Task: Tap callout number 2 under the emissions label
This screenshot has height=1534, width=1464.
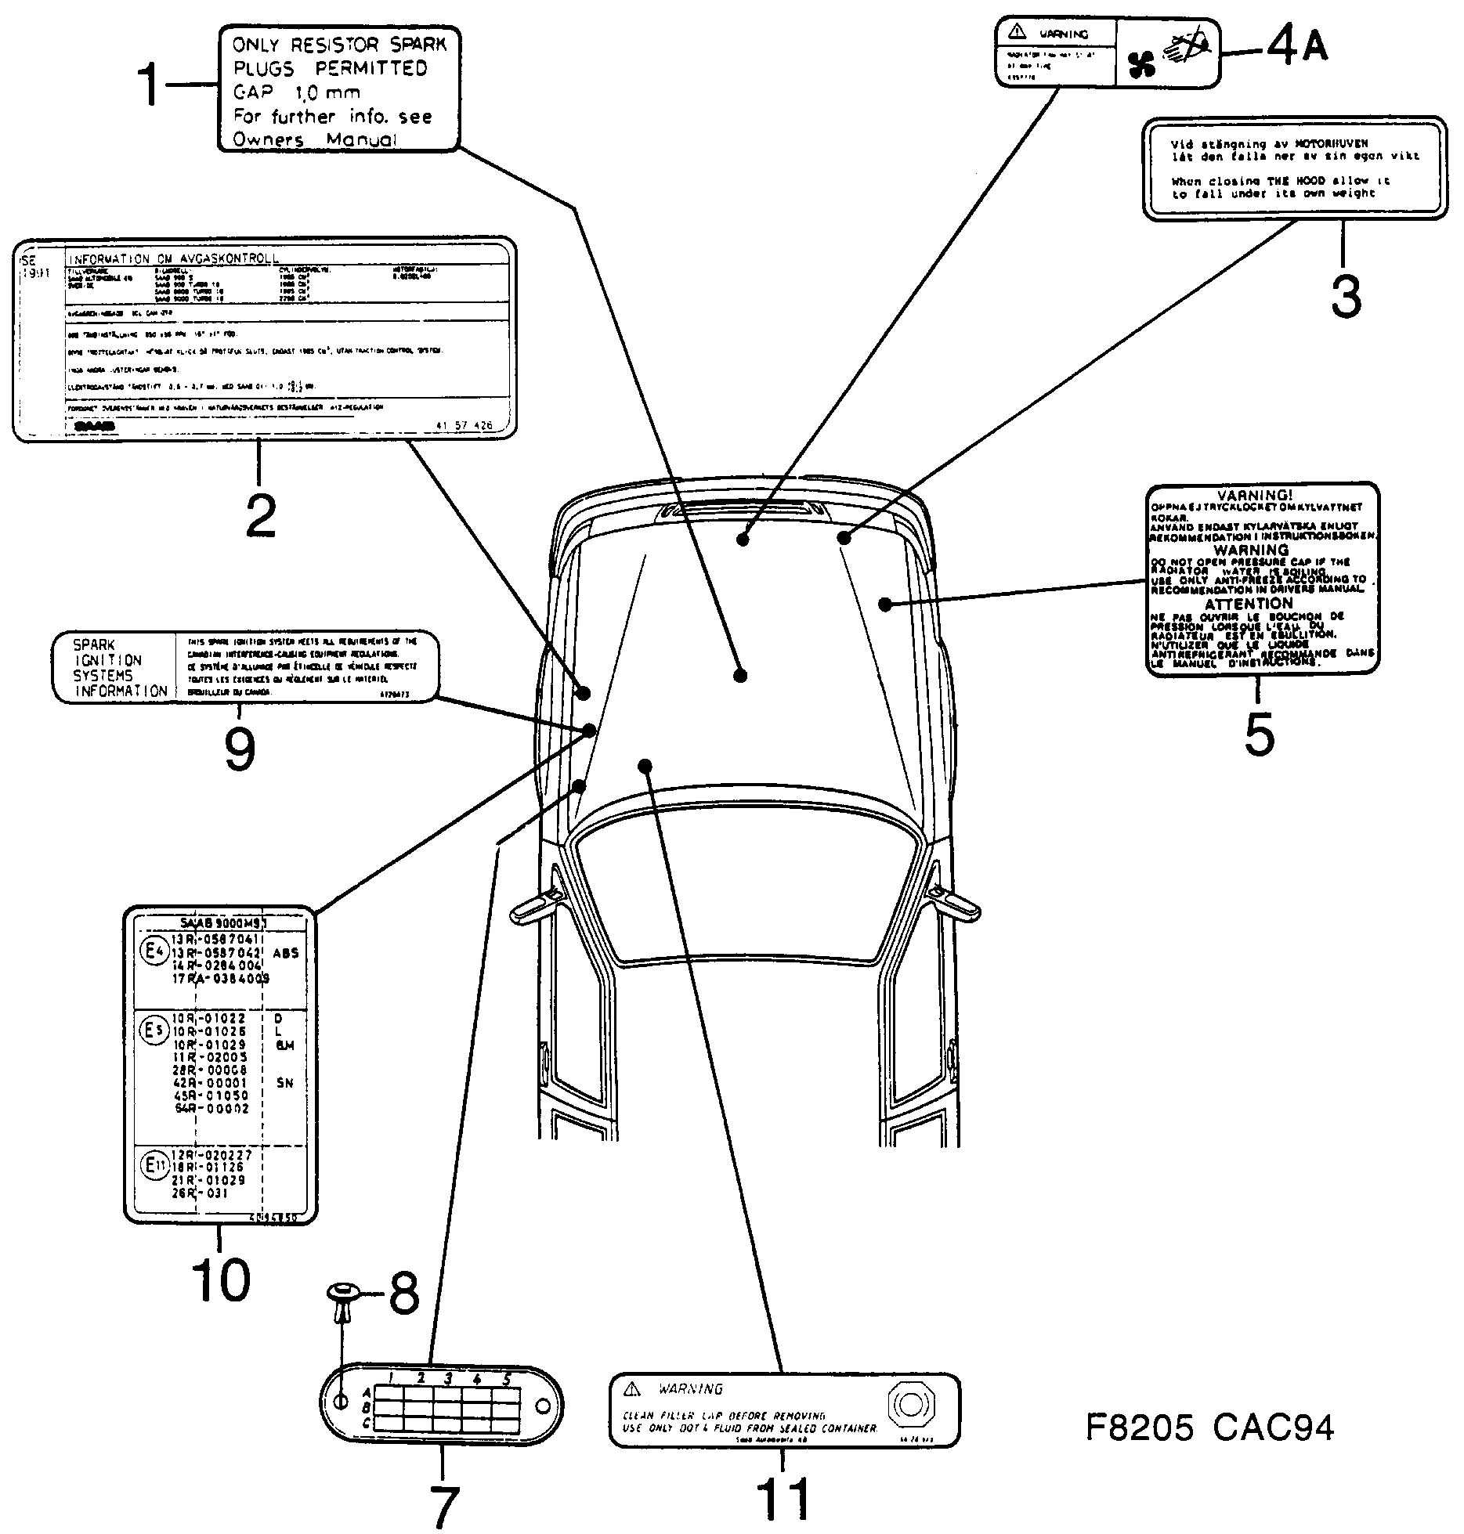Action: pyautogui.click(x=261, y=514)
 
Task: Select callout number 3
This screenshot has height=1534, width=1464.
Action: pyautogui.click(x=1347, y=297)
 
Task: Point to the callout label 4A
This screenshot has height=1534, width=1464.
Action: pyautogui.click(x=1297, y=46)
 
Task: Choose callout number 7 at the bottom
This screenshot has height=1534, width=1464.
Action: pyautogui.click(x=443, y=1504)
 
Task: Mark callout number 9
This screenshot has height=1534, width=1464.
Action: pyautogui.click(x=240, y=749)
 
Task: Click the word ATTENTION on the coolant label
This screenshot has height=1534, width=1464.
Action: pyautogui.click(x=1249, y=604)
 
